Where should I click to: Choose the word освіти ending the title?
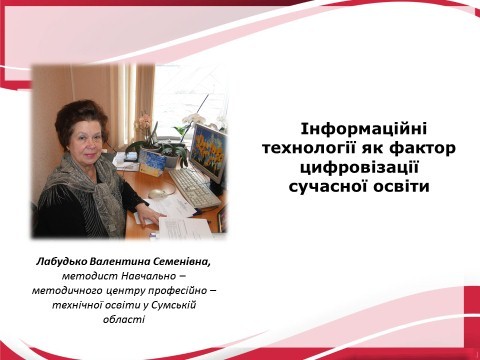click(401, 185)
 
